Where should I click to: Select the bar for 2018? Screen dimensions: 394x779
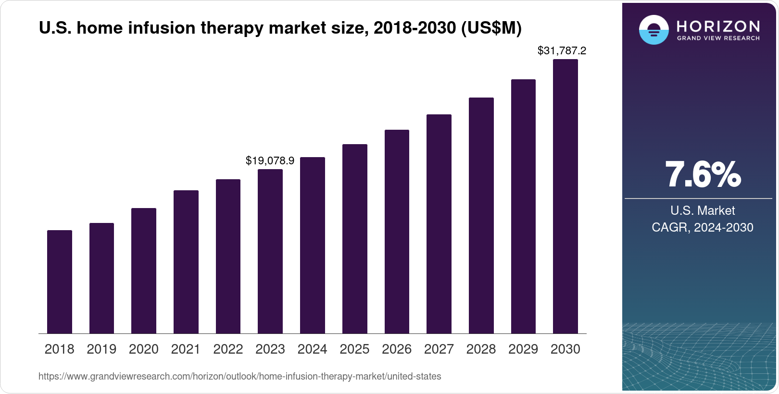click(60, 282)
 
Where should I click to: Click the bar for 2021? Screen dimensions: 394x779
click(186, 262)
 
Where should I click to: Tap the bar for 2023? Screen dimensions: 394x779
click(270, 251)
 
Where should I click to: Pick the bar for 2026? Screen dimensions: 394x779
click(397, 232)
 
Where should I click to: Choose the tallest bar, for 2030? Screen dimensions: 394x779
click(565, 197)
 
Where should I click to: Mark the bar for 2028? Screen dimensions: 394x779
click(481, 216)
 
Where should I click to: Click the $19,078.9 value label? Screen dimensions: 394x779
click(270, 161)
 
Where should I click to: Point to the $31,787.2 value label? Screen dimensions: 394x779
click(562, 51)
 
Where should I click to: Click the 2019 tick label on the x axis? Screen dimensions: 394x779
click(101, 349)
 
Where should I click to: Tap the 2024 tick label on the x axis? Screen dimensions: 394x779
click(313, 349)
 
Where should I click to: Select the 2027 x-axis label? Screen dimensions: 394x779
click(439, 349)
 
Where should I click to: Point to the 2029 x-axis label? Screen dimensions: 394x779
click(523, 349)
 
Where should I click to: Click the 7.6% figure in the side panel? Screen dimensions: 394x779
click(703, 175)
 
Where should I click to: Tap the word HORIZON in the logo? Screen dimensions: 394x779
click(718, 26)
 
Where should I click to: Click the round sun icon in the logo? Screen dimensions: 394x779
click(653, 30)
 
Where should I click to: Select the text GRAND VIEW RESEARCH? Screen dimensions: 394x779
click(718, 38)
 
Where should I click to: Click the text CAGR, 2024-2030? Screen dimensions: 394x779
click(703, 227)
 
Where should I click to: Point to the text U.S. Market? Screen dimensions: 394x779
click(703, 210)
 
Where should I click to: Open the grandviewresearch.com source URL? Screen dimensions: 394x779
click(239, 377)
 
